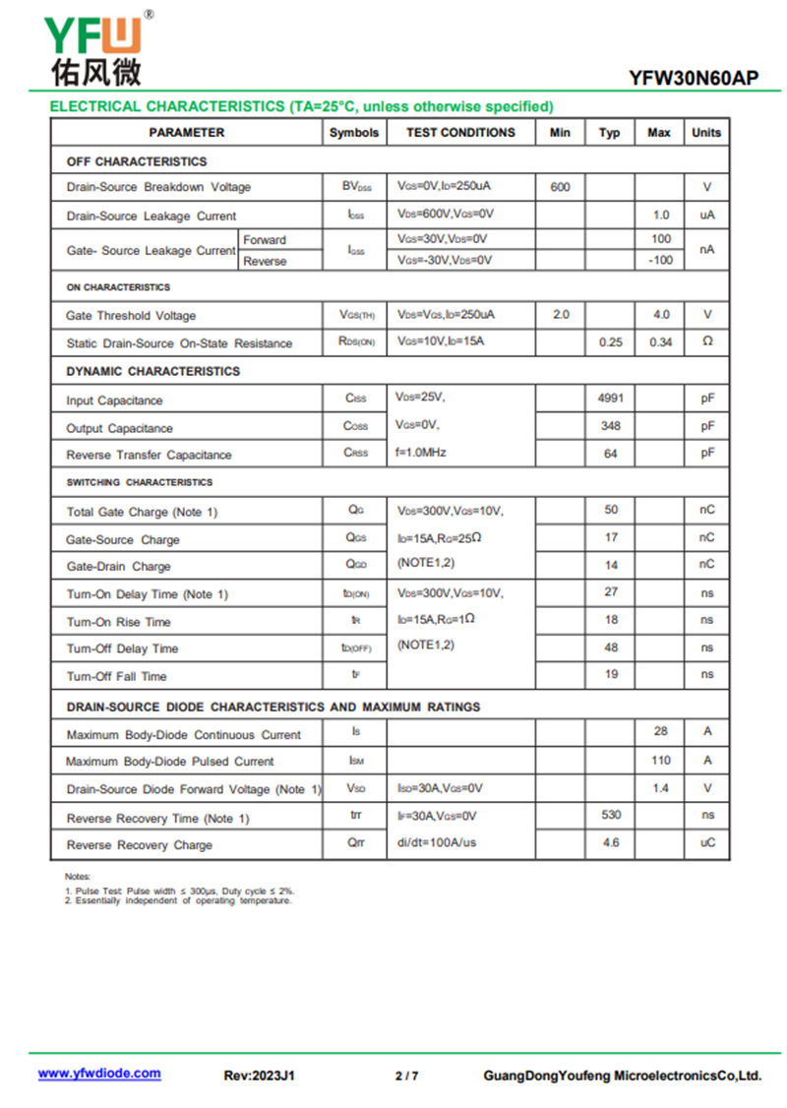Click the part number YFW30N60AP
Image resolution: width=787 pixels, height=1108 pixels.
click(x=694, y=79)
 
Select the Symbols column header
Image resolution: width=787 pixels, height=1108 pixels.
click(x=354, y=132)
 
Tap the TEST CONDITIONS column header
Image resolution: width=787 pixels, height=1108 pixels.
click(x=460, y=132)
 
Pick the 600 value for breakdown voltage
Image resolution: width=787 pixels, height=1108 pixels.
click(x=560, y=187)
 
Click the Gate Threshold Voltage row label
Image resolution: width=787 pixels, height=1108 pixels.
click(x=131, y=316)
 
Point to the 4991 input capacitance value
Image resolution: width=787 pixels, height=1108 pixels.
click(x=610, y=399)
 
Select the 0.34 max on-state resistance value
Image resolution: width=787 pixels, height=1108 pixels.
click(x=660, y=342)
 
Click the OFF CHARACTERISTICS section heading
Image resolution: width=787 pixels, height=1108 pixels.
click(x=137, y=161)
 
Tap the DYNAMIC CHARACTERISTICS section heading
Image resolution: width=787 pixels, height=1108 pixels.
click(x=152, y=371)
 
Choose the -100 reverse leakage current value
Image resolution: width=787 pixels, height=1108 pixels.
click(x=661, y=261)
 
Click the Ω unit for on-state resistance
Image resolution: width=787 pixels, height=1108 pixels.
click(x=706, y=341)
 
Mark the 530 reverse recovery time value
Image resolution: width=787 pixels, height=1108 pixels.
click(x=610, y=815)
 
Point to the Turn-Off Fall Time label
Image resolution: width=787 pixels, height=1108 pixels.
click(x=116, y=676)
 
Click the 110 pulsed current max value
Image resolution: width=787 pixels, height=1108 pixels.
click(x=660, y=760)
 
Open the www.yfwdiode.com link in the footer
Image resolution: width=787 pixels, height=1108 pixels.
click(x=99, y=1074)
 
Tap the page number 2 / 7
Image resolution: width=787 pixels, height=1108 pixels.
click(x=406, y=1076)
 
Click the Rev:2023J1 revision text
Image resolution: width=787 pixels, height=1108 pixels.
click(x=260, y=1076)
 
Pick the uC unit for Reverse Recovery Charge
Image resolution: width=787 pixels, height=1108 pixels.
click(x=707, y=843)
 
